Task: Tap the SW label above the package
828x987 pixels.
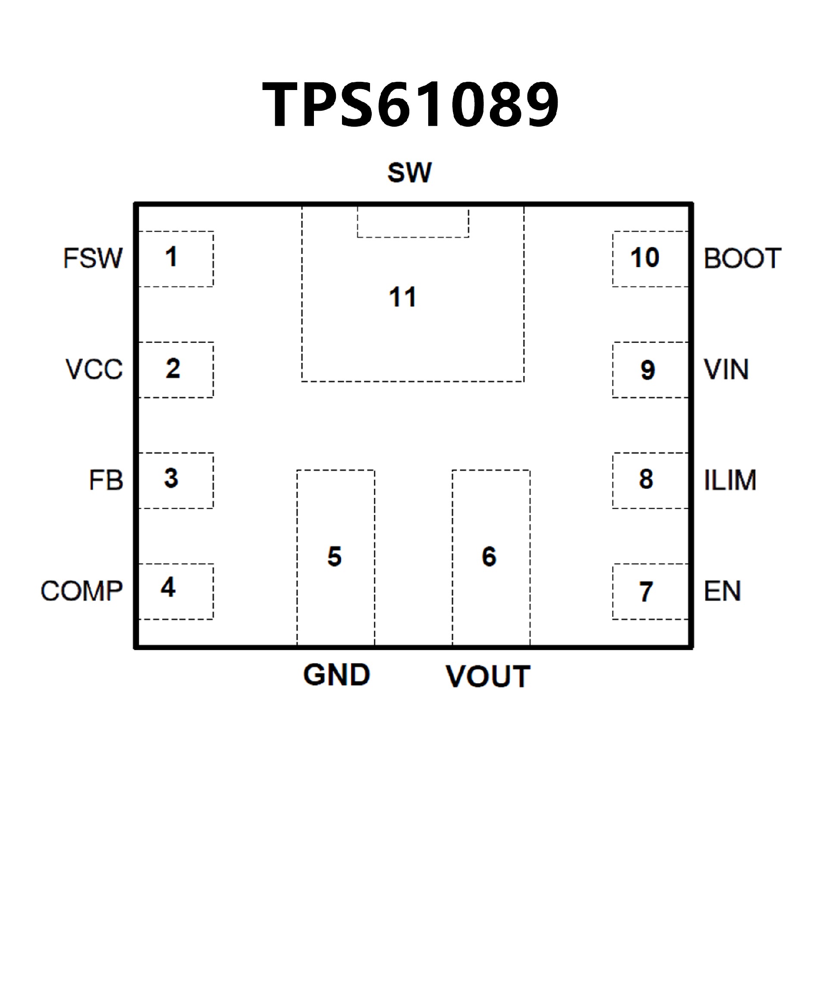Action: pyautogui.click(x=409, y=172)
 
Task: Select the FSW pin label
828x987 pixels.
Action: pyautogui.click(x=93, y=258)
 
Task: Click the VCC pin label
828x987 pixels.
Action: pyautogui.click(x=94, y=369)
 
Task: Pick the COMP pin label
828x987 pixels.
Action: pyautogui.click(x=82, y=591)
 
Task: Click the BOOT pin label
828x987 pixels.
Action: pyautogui.click(x=742, y=258)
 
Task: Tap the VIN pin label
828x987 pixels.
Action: pyautogui.click(x=726, y=369)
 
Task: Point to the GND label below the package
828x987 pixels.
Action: pyautogui.click(x=336, y=676)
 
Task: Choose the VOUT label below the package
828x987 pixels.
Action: pyautogui.click(x=488, y=677)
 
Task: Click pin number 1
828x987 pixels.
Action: pyautogui.click(x=171, y=257)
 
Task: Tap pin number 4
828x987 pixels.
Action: pyautogui.click(x=168, y=588)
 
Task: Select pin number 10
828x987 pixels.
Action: pyautogui.click(x=645, y=258)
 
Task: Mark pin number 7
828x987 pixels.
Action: pyautogui.click(x=646, y=591)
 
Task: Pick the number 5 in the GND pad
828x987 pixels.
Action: pyautogui.click(x=335, y=557)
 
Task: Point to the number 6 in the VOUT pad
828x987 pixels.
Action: pyautogui.click(x=489, y=557)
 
